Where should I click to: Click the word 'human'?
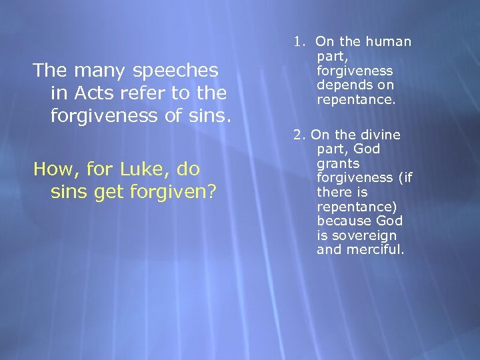point(390,42)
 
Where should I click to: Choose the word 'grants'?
point(338,163)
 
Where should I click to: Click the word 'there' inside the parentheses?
point(333,192)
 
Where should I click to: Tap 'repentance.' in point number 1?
point(356,99)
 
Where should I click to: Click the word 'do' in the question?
point(188,169)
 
